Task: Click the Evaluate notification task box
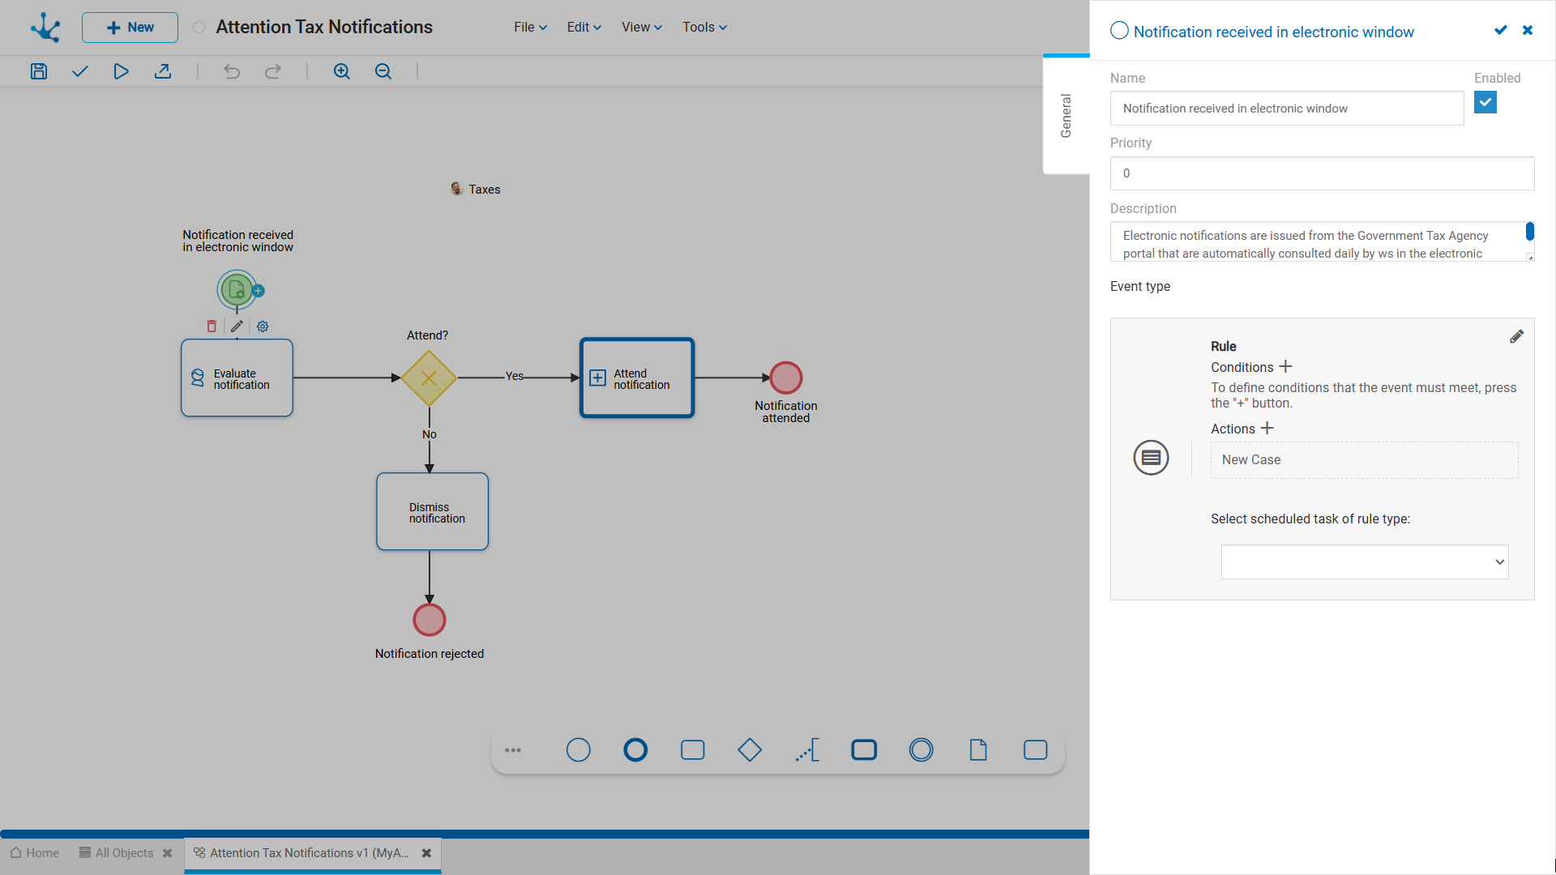tap(237, 378)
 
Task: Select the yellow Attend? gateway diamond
tap(429, 378)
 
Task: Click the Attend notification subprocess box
tap(637, 378)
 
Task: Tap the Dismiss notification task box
tap(433, 512)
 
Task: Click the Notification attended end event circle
tap(786, 378)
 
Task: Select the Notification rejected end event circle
tap(430, 620)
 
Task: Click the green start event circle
tap(237, 289)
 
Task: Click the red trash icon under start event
tap(212, 326)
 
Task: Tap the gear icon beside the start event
tap(263, 327)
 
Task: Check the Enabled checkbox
tap(1485, 102)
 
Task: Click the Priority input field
tap(1322, 173)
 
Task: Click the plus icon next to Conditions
tap(1285, 367)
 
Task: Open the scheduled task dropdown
tap(1365, 562)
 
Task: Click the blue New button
tap(130, 28)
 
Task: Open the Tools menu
tap(704, 28)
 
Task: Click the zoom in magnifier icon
tap(342, 71)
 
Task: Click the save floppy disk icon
tap(39, 71)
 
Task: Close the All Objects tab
tap(168, 853)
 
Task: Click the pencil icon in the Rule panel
tap(1516, 336)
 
